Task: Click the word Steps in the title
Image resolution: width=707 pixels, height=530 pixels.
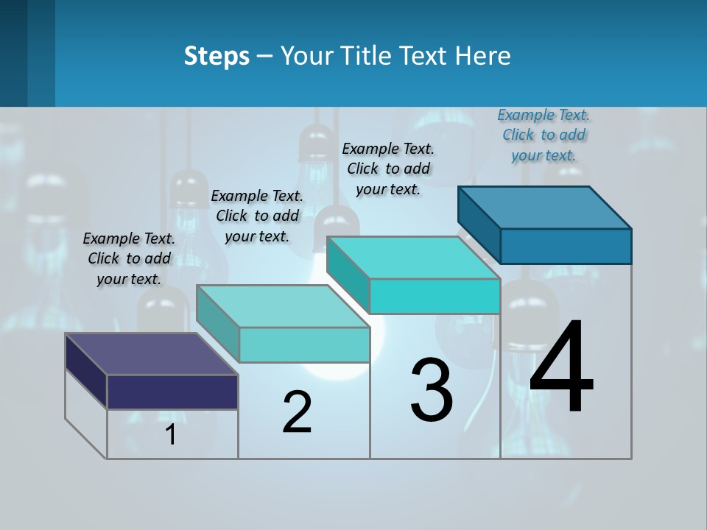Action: (217, 56)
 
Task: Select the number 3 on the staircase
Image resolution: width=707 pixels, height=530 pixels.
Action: (432, 390)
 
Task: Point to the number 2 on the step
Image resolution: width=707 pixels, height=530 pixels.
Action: (298, 412)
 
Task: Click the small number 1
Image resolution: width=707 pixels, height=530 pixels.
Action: (171, 435)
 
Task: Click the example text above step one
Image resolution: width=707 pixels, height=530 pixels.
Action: (129, 258)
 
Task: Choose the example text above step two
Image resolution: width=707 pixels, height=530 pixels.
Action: (257, 216)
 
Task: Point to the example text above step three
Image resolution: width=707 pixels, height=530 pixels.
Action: (388, 169)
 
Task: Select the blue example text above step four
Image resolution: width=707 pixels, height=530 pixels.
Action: (544, 135)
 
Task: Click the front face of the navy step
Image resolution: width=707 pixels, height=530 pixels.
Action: (172, 392)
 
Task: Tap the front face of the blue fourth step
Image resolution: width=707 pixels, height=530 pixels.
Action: (566, 246)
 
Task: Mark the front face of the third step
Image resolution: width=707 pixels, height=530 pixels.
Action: (435, 296)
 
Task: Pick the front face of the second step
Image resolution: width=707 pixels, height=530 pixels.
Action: (304, 344)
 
